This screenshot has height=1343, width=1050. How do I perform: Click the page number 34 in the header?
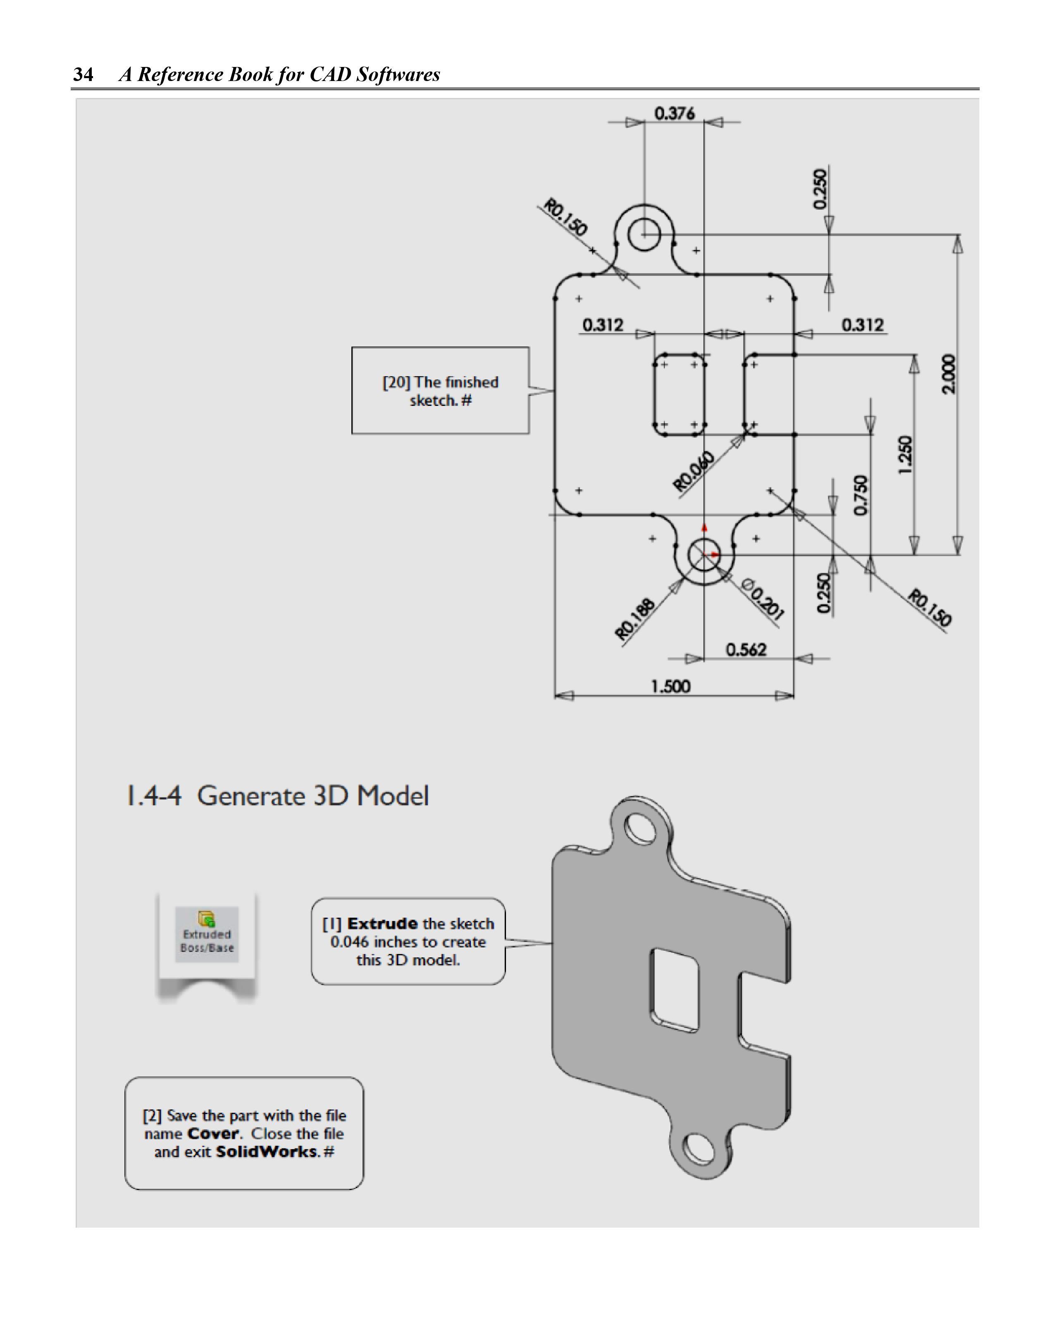tap(83, 74)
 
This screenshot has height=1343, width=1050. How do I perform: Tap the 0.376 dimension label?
tap(674, 113)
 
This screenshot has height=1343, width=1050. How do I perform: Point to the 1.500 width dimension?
tap(671, 686)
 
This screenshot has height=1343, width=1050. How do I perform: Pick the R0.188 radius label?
tap(635, 619)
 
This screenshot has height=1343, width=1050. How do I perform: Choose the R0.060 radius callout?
tap(694, 471)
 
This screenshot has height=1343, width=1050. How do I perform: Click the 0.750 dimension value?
tap(861, 495)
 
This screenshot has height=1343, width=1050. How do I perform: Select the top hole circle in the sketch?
tap(644, 235)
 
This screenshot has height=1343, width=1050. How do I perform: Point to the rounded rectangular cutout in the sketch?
tap(679, 394)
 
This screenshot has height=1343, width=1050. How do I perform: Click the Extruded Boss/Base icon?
tap(207, 933)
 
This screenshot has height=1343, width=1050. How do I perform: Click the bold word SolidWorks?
tap(266, 1152)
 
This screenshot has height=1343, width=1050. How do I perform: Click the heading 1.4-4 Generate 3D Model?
tap(277, 796)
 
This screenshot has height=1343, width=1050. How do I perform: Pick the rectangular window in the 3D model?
tap(674, 990)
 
